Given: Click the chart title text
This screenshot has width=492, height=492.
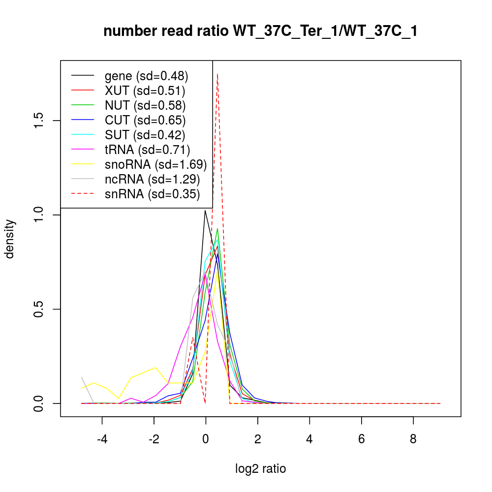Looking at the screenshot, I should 260,31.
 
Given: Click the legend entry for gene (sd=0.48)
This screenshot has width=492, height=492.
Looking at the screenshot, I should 146,76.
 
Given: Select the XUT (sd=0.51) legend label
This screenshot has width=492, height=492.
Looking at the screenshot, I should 145,91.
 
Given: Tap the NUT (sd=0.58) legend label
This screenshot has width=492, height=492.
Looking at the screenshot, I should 145,105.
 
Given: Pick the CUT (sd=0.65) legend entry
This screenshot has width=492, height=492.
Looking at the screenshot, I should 145,120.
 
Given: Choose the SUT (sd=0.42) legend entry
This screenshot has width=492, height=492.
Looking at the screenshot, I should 145,135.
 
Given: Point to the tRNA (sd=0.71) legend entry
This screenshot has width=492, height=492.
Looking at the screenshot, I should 147,150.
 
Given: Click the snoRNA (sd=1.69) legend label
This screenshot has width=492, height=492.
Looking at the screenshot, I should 155,164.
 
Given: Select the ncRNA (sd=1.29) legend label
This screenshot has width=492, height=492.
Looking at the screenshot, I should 152,179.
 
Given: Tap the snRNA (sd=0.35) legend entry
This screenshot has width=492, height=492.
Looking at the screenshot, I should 152,194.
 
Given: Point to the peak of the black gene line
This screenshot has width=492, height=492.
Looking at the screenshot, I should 205,211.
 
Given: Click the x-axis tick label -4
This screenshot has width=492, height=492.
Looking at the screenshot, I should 102,438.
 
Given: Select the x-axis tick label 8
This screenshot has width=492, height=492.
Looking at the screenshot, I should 413,438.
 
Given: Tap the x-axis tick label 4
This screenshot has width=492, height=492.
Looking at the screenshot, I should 309,438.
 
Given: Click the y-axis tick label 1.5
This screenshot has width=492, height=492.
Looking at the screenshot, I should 39,121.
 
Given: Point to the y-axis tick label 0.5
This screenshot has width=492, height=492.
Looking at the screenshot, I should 39,309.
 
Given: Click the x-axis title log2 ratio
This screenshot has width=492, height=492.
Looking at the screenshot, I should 260,469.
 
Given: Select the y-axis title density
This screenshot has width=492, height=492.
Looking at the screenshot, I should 11,239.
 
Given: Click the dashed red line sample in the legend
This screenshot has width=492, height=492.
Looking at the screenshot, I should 83,194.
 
